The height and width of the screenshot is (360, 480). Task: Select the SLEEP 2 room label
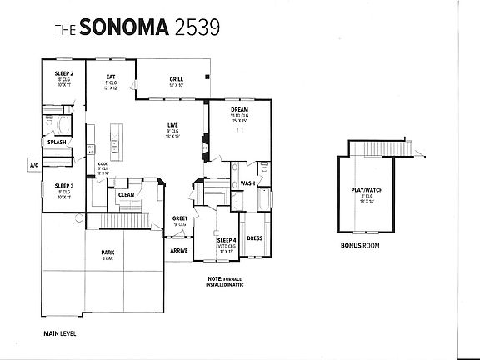click(64, 73)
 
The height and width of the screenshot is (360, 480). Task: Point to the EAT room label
click(110, 77)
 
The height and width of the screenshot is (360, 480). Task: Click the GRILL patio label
click(176, 79)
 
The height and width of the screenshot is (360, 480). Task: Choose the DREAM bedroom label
click(239, 109)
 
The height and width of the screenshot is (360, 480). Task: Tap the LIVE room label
click(172, 124)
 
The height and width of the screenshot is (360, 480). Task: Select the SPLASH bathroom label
click(57, 142)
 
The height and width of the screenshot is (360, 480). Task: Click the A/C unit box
click(34, 166)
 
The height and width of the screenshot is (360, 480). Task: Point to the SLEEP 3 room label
click(64, 185)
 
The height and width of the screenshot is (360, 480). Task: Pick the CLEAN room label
click(126, 194)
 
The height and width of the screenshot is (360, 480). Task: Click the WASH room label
click(247, 183)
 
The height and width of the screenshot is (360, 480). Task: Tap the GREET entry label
click(179, 218)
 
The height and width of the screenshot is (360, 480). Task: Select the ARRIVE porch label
click(178, 250)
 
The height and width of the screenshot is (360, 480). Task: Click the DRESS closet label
click(254, 237)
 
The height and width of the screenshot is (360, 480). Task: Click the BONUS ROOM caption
click(360, 247)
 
